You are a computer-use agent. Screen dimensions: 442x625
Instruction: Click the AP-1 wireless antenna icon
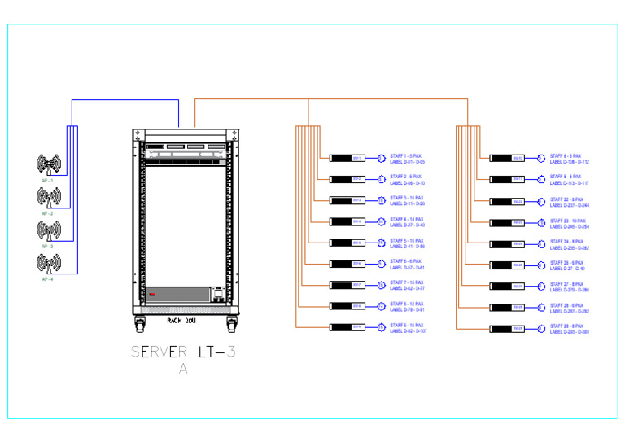(x=49, y=165)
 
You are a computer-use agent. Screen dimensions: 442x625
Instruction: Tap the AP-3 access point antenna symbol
(x=49, y=230)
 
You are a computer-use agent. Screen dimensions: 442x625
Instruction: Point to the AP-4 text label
(x=47, y=279)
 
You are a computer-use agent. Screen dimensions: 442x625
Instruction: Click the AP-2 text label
(x=47, y=213)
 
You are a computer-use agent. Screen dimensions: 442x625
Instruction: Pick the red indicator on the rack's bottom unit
(x=151, y=291)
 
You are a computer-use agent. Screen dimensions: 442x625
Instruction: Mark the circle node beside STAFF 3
(x=381, y=200)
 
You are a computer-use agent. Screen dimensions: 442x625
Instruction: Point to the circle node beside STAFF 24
(x=540, y=243)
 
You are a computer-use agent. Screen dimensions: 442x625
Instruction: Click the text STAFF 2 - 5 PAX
(x=406, y=177)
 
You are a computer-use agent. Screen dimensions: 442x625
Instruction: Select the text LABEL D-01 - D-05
(x=409, y=161)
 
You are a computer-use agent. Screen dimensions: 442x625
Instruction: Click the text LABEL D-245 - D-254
(x=570, y=225)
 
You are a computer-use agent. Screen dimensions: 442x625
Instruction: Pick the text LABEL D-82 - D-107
(x=409, y=331)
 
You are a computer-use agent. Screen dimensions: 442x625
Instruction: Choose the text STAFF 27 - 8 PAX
(x=567, y=284)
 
